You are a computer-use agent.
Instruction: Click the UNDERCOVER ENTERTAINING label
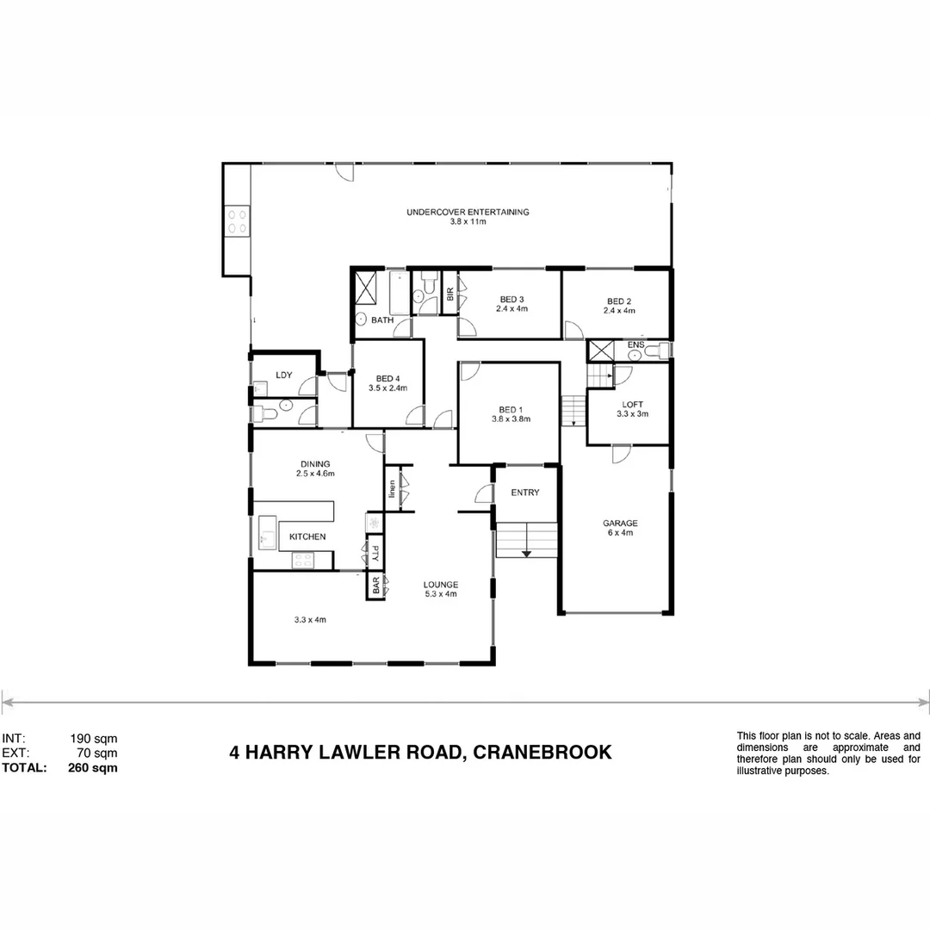468,212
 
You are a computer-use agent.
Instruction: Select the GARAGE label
620,523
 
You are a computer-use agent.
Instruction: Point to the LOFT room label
632,404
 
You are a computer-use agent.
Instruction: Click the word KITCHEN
307,536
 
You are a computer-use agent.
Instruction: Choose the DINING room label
314,464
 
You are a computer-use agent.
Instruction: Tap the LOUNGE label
440,585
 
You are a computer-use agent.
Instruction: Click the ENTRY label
525,493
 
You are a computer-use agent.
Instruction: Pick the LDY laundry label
283,375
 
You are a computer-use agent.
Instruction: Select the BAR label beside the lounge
375,586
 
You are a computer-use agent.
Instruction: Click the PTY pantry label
375,550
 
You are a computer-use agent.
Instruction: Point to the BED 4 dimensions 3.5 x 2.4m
387,388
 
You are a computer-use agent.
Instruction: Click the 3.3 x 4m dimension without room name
309,619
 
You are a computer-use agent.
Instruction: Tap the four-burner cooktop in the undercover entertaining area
237,222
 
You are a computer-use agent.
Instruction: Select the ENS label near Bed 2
635,344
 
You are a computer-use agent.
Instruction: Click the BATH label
382,320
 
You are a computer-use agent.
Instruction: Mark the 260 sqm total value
92,768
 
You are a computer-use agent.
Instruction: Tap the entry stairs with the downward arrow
526,540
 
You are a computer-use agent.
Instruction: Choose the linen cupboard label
392,488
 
